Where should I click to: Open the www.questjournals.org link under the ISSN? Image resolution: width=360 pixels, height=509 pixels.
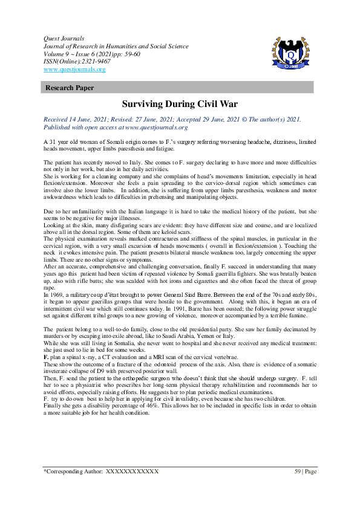tap(74, 70)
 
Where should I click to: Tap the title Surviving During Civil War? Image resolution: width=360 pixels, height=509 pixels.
tap(180, 104)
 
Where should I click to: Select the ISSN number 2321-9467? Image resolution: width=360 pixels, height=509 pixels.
tap(94, 62)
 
